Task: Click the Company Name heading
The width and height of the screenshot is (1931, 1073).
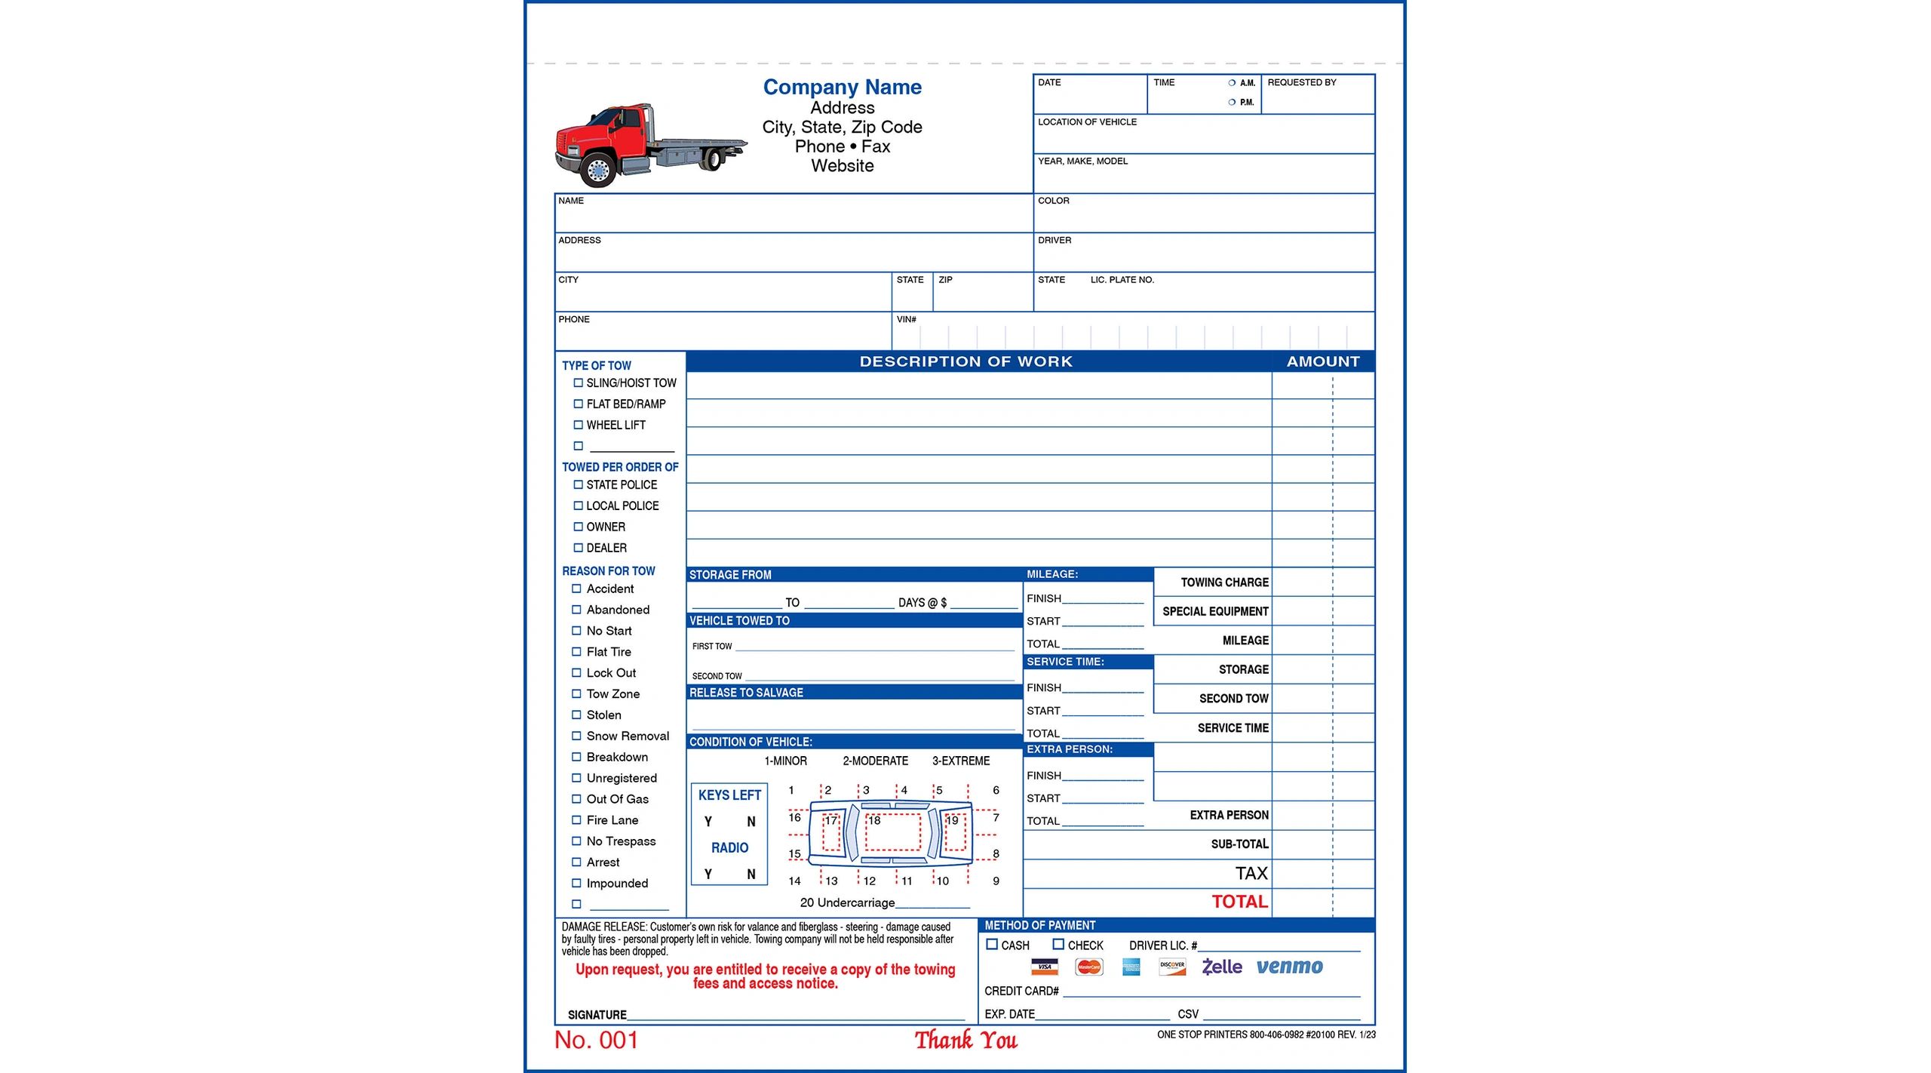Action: point(842,88)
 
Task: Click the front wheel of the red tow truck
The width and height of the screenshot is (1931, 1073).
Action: point(599,171)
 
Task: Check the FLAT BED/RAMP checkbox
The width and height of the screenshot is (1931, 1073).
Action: point(579,404)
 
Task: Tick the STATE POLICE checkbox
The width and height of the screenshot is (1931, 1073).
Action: point(579,485)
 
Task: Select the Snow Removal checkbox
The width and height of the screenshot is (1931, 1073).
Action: point(576,736)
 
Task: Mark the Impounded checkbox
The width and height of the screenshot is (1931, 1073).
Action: point(576,883)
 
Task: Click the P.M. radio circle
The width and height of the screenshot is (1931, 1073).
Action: point(1232,103)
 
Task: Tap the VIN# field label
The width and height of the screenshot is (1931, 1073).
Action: point(906,320)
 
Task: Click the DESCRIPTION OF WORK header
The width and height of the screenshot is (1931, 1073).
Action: point(965,361)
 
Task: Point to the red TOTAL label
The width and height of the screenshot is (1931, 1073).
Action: point(1239,902)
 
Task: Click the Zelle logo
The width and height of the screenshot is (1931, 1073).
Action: point(1222,967)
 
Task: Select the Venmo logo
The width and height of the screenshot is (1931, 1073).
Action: point(1289,967)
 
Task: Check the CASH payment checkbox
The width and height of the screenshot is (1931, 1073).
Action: point(992,945)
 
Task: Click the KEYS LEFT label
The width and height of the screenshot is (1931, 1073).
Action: point(729,795)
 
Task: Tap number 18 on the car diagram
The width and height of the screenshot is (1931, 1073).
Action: point(875,820)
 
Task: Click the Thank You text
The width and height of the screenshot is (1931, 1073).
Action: point(965,1041)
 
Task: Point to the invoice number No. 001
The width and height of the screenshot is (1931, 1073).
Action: point(596,1041)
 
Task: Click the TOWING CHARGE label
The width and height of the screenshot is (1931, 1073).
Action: point(1224,583)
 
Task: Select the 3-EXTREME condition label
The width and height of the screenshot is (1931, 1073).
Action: point(960,761)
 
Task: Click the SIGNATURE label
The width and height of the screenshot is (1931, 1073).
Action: point(597,1016)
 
